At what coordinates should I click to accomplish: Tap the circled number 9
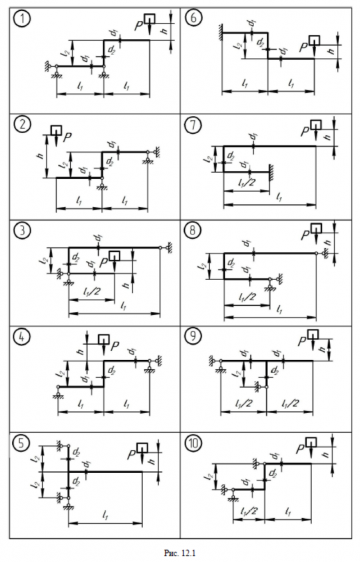click(x=193, y=339)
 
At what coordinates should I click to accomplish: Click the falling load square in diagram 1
click(x=149, y=19)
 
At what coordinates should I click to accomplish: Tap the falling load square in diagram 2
click(x=56, y=130)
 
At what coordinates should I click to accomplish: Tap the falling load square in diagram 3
click(x=115, y=256)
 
